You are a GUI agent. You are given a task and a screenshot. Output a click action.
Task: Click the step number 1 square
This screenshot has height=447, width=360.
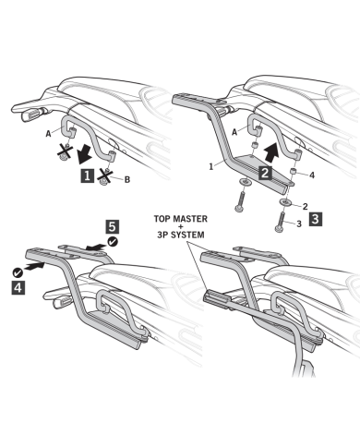(x=88, y=175)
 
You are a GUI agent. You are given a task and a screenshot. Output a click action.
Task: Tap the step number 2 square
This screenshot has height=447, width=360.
(x=266, y=173)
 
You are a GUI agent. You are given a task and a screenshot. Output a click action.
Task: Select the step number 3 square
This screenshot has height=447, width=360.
(x=316, y=219)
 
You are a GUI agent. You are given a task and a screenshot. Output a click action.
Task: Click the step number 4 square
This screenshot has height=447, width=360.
(x=18, y=287)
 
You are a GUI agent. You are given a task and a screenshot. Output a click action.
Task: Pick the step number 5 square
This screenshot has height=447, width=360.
(x=113, y=226)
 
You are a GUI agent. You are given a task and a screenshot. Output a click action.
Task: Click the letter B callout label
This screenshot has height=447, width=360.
(x=127, y=179)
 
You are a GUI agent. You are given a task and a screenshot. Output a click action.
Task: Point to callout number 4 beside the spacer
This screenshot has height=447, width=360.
(x=312, y=175)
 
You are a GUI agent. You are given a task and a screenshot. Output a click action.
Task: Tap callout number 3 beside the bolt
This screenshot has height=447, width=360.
(x=299, y=223)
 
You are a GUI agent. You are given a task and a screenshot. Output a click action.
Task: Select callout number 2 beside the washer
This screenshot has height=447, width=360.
(x=306, y=206)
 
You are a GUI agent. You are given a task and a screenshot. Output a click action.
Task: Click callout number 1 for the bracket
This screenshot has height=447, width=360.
(x=211, y=166)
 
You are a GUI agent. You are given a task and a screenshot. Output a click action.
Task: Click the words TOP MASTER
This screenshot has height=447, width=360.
(x=181, y=219)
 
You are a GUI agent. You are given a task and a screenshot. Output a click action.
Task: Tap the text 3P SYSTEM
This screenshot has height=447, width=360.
(x=181, y=235)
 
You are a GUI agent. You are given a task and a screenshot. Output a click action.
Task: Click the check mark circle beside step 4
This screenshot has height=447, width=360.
(x=18, y=272)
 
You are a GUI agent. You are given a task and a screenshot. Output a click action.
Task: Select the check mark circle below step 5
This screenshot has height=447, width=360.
(x=113, y=242)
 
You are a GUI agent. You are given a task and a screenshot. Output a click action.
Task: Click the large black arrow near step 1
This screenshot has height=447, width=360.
(x=84, y=153)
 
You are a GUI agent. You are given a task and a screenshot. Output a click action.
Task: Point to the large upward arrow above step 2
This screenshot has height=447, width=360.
(x=271, y=151)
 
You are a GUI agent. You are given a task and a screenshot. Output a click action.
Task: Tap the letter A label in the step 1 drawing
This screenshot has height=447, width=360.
(x=48, y=134)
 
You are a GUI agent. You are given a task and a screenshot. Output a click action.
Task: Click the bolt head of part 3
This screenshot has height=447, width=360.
(x=279, y=229)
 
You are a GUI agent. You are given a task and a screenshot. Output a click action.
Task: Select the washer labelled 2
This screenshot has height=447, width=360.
(x=286, y=202)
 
